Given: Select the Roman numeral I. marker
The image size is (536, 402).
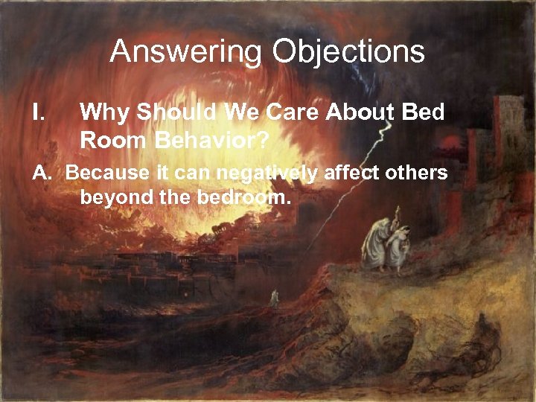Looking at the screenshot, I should click(x=40, y=112).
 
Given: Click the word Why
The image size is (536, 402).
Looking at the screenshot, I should click(x=103, y=112).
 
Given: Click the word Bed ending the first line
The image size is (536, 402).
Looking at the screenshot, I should click(x=424, y=112).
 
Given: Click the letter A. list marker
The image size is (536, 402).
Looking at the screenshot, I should click(x=42, y=173).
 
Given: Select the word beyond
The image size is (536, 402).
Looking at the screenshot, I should click(x=112, y=198).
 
